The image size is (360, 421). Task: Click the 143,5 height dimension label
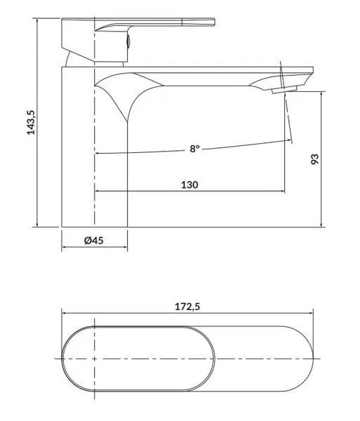tap(31, 122)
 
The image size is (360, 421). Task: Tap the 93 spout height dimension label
tap(314, 159)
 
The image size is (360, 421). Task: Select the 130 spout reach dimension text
tap(189, 185)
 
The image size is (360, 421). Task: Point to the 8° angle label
tap(195, 149)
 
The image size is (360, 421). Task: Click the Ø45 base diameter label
tap(94, 240)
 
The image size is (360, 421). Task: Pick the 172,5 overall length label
tap(187, 307)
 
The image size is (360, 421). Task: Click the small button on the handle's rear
tap(128, 42)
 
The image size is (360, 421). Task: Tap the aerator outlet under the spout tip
tap(285, 89)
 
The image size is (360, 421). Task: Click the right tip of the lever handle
tap(215, 22)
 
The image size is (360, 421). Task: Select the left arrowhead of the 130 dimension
tap(98, 191)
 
